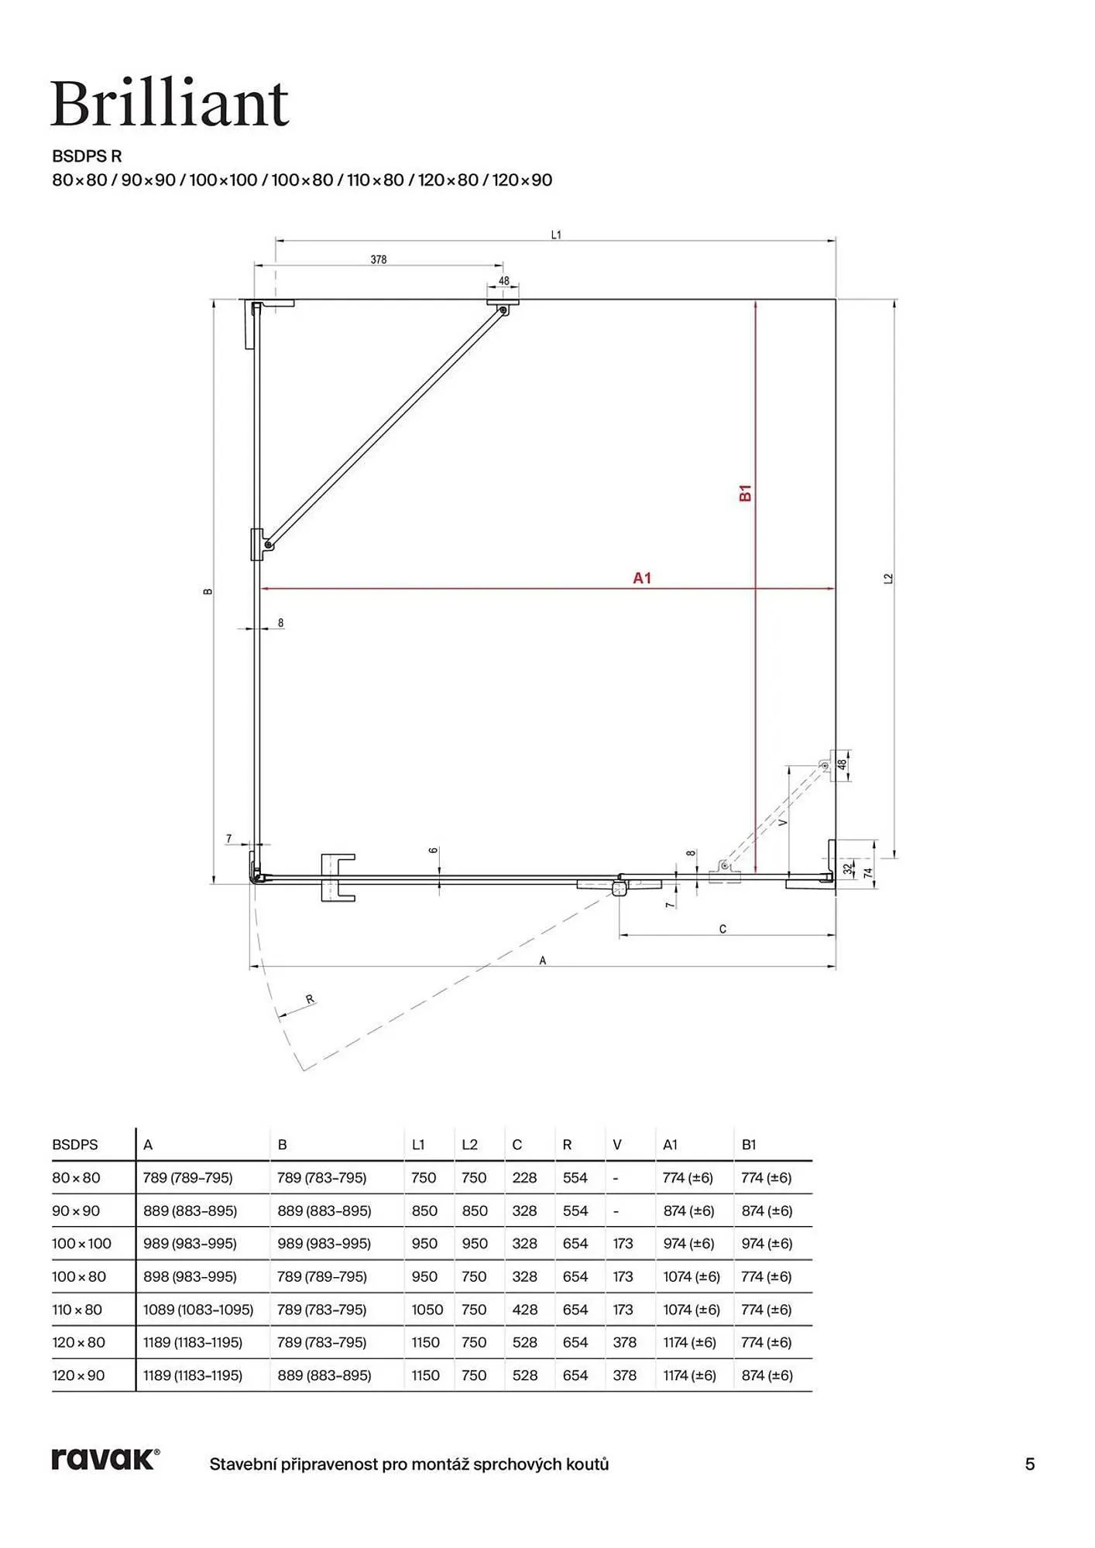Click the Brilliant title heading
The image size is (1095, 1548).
coord(170,104)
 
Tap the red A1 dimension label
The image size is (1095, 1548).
coord(642,577)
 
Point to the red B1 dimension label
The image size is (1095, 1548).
coord(746,493)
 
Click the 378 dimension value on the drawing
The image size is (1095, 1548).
coord(378,260)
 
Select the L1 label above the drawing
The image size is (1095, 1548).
coord(556,235)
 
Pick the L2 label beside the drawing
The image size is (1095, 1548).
coord(888,578)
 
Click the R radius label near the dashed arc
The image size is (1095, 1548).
coord(310,999)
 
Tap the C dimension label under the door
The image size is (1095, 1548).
coord(723,929)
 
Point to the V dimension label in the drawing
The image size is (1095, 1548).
coord(783,822)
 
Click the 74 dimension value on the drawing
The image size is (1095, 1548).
coord(868,872)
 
